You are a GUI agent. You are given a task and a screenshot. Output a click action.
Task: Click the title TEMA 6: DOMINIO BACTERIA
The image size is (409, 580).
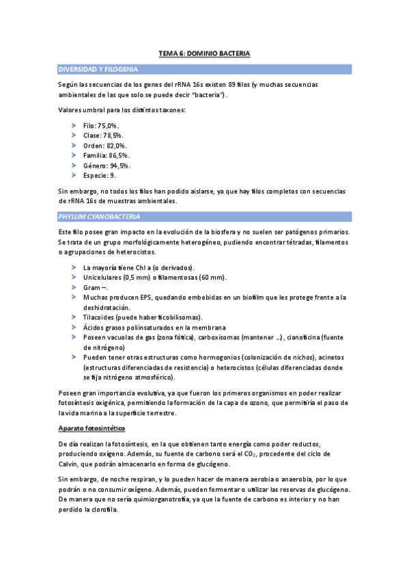tap(204, 53)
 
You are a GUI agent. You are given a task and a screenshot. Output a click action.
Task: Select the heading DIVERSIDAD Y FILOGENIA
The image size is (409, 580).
tap(99, 70)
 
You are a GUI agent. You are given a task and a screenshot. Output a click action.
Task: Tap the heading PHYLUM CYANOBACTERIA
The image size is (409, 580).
tap(99, 217)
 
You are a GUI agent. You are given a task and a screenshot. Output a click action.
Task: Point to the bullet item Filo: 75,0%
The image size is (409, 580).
tap(100, 126)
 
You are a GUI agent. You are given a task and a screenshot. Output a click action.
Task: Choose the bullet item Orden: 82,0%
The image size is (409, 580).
tap(104, 146)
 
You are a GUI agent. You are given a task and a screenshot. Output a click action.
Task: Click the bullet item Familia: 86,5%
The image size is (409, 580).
tap(107, 155)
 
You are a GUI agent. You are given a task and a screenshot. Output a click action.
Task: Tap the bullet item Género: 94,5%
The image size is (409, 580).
tap(107, 165)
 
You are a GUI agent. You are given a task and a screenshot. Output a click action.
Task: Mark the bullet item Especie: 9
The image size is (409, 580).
tap(99, 175)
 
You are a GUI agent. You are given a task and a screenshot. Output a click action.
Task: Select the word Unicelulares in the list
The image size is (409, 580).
tap(102, 277)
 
